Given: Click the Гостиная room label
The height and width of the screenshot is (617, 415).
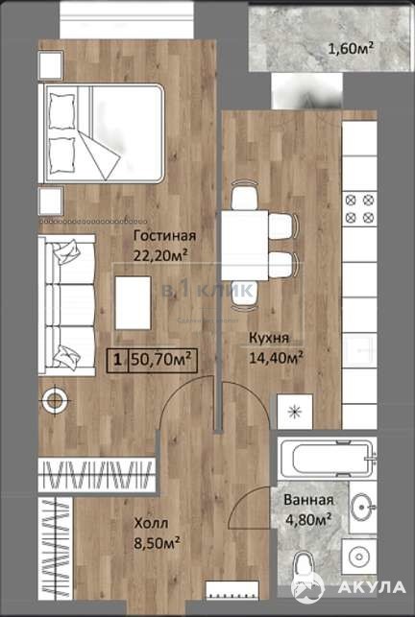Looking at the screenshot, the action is (x=164, y=236).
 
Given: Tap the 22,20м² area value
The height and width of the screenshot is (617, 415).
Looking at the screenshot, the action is (x=160, y=255).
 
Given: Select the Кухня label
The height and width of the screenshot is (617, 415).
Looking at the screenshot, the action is (x=269, y=338).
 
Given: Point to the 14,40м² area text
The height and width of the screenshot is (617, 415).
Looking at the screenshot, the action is (x=276, y=358).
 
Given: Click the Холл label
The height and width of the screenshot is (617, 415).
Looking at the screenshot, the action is (x=152, y=523).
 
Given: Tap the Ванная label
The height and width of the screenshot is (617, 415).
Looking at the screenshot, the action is (x=308, y=500).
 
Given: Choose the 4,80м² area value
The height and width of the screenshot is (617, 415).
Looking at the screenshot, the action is (x=307, y=519).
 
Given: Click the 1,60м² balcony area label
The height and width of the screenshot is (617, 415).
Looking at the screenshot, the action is (x=352, y=49).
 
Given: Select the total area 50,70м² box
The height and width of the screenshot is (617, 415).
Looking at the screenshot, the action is (x=152, y=360).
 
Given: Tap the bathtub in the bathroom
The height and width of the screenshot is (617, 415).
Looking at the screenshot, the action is (x=327, y=458).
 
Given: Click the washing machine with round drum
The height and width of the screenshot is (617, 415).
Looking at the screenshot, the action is (x=358, y=557).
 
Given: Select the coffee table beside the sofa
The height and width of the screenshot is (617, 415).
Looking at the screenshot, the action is (x=133, y=302).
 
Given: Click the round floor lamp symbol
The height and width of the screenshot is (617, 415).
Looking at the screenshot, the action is (x=55, y=401).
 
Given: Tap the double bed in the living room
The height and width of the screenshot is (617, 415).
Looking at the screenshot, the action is (x=101, y=133).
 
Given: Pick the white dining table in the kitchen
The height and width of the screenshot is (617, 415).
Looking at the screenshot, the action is (x=245, y=246).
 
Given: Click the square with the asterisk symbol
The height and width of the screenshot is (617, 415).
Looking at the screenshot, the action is (x=295, y=412).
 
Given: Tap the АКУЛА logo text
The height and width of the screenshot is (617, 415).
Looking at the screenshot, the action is (x=371, y=587).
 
